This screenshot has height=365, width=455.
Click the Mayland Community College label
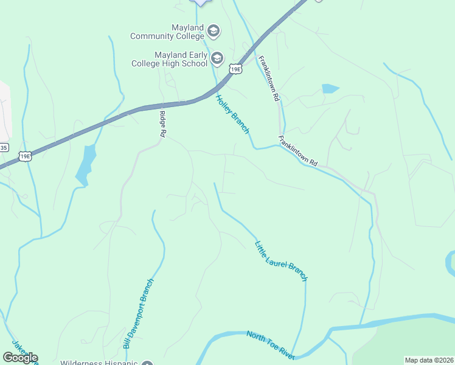tap(168, 32)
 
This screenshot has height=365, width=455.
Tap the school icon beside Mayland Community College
tap(214, 30)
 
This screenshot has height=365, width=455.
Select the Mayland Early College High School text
tap(172, 58)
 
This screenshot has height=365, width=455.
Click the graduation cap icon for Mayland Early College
tap(217, 58)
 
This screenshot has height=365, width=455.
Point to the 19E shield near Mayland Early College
tap(235, 69)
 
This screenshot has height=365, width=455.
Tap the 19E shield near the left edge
tap(25, 156)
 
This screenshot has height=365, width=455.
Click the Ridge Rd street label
tap(162, 123)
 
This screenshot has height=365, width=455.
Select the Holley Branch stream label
tap(233, 115)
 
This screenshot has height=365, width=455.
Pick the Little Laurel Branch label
tap(280, 261)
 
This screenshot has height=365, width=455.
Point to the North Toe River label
tap(271, 344)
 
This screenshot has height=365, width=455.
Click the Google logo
tap(20, 358)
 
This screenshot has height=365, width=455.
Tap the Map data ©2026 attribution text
tap(429, 360)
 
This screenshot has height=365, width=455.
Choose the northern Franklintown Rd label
tap(268, 78)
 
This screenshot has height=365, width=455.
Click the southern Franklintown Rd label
tap(298, 151)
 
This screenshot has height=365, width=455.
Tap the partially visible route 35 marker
tap(4, 147)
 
